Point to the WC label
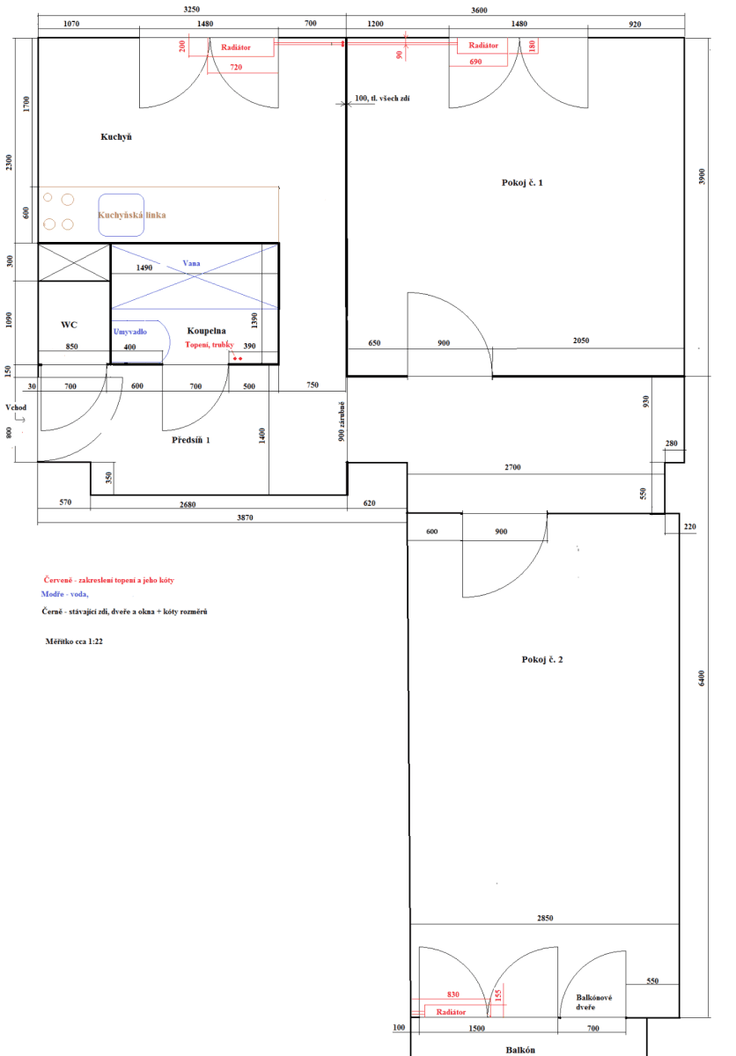(70, 325)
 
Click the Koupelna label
(207, 331)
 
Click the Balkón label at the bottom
(520, 1050)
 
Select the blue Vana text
(191, 263)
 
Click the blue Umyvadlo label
(130, 332)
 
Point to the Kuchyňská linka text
(131, 215)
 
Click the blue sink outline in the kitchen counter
(121, 215)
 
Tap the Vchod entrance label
(16, 408)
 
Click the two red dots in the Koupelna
(237, 359)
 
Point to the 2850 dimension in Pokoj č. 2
(545, 919)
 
